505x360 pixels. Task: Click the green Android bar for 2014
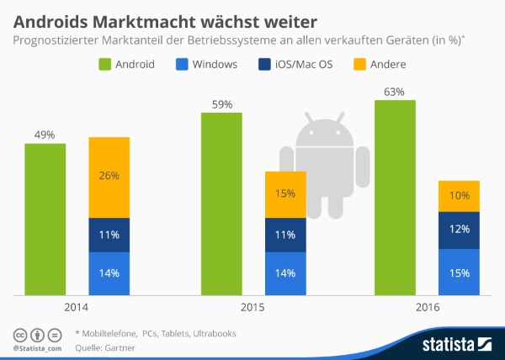[45, 220]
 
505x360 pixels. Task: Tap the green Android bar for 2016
[395, 199]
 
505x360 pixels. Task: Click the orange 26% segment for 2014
[109, 177]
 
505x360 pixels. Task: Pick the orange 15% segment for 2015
[285, 194]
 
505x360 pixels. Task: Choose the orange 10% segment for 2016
[459, 196]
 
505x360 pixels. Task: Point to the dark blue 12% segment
[459, 230]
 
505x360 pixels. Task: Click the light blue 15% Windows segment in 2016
[459, 273]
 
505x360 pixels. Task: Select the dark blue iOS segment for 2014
[109, 236]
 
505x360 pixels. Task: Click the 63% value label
[395, 92]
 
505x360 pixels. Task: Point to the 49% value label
[45, 135]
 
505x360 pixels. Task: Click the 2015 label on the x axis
[252, 309]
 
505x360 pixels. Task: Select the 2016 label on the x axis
[427, 309]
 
